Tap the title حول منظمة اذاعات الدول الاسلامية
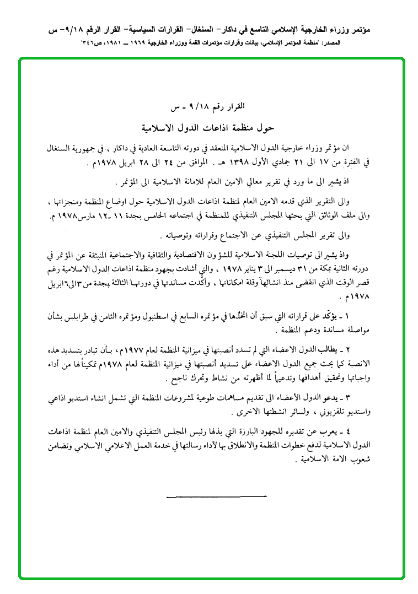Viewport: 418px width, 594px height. click(208, 127)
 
